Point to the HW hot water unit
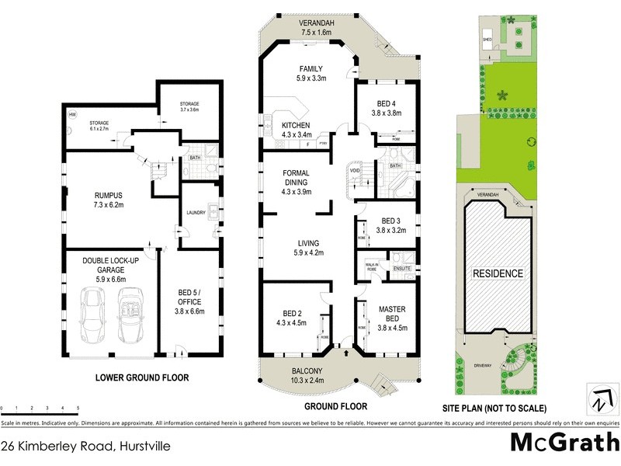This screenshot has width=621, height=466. [x=72, y=115]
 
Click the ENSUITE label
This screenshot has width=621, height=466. [x=401, y=268]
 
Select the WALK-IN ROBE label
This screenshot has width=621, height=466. [x=372, y=268]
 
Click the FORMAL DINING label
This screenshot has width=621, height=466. [x=299, y=177]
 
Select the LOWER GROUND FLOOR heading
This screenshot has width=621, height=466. [x=141, y=378]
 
